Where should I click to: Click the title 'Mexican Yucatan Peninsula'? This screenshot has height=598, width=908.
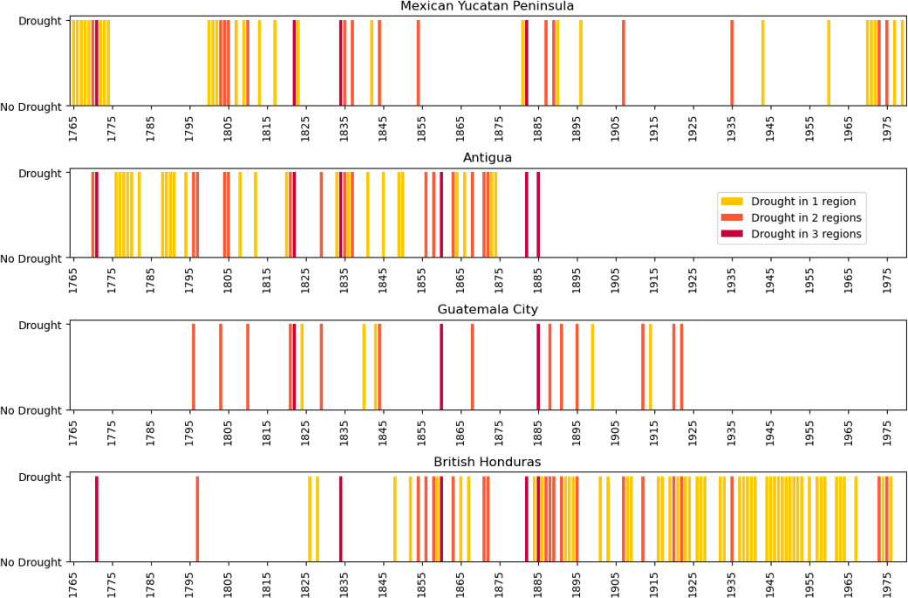487,7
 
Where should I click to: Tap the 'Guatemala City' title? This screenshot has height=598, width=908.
487,310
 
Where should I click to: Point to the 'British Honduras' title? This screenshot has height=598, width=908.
487,462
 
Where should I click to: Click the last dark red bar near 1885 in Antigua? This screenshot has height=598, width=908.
538,215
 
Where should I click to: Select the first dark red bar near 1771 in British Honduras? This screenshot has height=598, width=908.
97,519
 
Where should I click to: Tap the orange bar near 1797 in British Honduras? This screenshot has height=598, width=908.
197,519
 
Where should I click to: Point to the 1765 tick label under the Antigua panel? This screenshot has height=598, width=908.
73,277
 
